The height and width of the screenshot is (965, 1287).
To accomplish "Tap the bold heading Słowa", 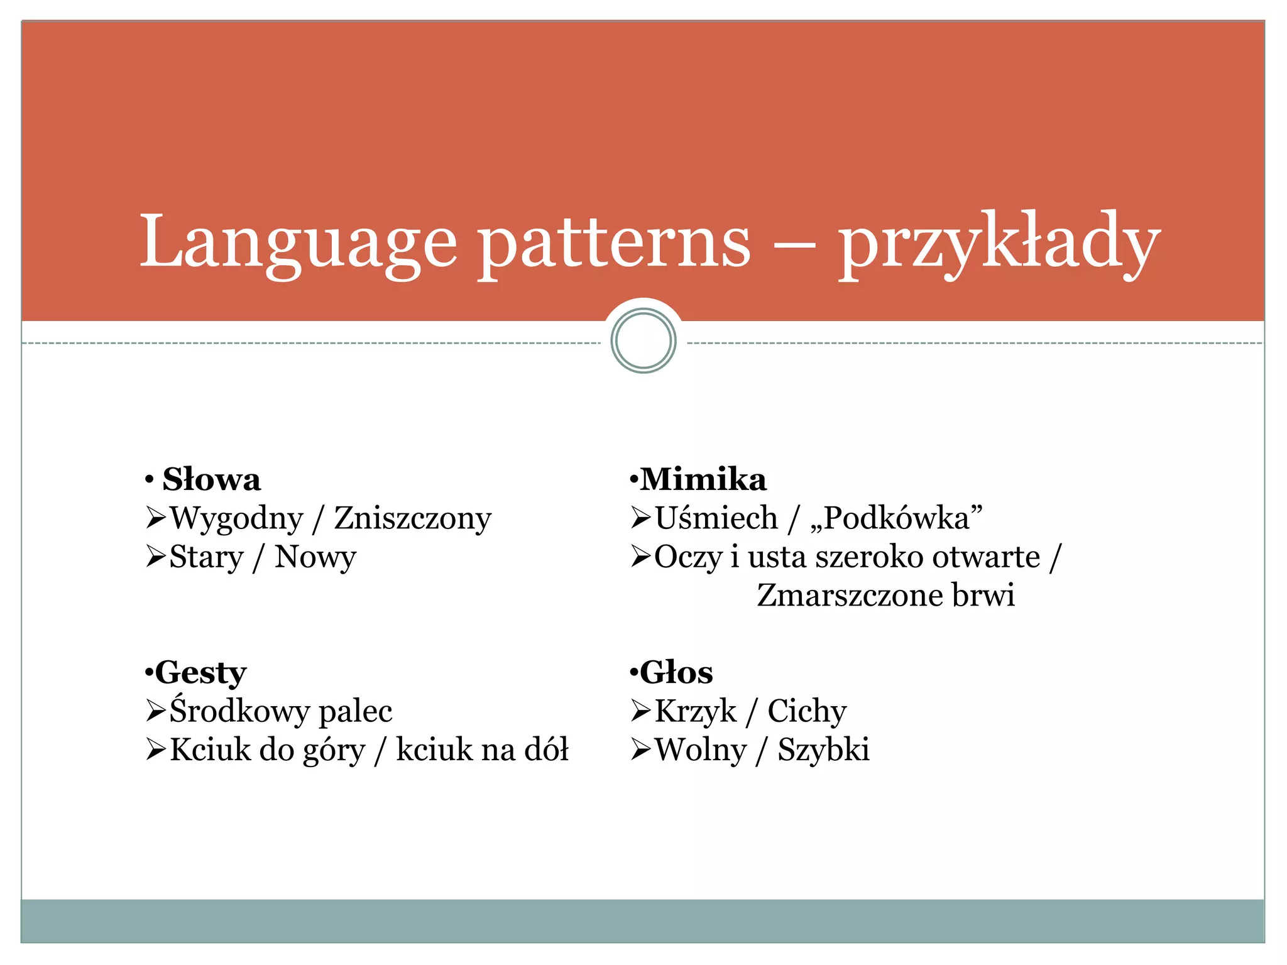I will point(211,480).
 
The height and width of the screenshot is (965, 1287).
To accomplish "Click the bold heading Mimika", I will point(703,480).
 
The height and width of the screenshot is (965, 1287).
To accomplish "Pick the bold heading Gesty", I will point(200,673).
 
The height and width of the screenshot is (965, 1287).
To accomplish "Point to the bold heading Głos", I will point(676,673).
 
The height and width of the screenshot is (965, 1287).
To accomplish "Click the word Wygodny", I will point(237,519).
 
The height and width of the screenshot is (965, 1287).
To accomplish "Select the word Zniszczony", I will point(412,519).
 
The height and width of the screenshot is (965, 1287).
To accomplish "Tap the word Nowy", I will point(315,557).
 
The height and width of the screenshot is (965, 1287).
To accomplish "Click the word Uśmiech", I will point(716,519).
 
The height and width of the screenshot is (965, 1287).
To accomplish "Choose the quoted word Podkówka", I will point(897,519).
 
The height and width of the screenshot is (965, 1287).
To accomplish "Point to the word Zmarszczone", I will point(850,596).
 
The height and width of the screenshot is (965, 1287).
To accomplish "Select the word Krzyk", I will point(696,711).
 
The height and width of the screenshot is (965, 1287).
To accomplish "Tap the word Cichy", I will point(807,711).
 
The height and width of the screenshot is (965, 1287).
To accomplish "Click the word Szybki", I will point(823,750).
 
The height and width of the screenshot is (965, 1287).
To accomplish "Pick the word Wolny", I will point(701,750).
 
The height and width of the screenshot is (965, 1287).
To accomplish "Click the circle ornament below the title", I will point(643,341).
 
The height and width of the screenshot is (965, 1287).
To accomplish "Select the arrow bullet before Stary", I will point(155,557).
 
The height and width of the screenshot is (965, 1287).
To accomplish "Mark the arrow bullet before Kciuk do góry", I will point(155,749).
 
